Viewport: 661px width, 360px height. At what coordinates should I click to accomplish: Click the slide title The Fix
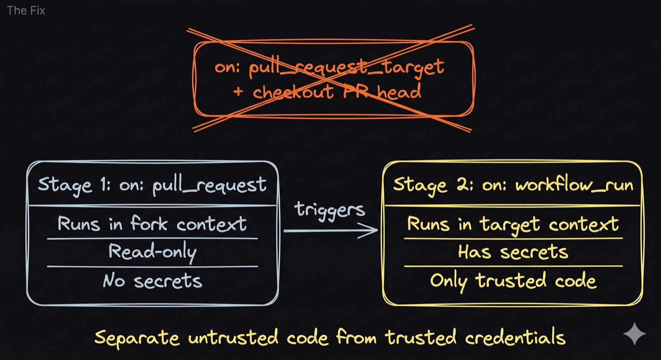(x=26, y=10)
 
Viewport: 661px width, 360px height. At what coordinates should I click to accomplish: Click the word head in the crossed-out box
(x=399, y=92)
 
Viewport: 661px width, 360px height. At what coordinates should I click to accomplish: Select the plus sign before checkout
(x=238, y=91)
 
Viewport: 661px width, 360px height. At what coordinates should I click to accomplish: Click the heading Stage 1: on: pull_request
(x=152, y=185)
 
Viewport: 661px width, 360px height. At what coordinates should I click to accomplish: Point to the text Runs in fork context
(x=152, y=224)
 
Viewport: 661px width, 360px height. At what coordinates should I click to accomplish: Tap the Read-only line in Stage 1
(x=152, y=252)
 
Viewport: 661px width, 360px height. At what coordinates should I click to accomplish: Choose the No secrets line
(x=152, y=281)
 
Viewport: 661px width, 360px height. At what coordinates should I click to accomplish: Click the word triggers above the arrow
(x=330, y=210)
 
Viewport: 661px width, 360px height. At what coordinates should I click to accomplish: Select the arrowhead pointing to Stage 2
(x=370, y=230)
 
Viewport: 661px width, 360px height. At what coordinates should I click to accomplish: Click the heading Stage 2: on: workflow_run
(x=513, y=185)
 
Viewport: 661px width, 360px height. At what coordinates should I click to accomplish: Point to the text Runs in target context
(x=513, y=224)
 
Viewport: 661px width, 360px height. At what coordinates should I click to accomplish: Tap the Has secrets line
(x=513, y=252)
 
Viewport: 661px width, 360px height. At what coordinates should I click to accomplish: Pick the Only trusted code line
(x=513, y=281)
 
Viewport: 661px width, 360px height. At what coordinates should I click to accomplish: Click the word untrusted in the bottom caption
(x=233, y=338)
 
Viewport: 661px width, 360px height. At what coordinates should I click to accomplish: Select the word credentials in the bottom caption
(x=515, y=337)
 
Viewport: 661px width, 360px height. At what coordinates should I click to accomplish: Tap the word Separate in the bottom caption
(x=137, y=338)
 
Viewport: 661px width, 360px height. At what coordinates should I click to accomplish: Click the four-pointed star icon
(x=634, y=334)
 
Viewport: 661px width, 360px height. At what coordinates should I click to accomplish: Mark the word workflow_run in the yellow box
(x=574, y=185)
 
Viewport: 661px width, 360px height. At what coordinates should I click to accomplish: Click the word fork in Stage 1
(x=149, y=224)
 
